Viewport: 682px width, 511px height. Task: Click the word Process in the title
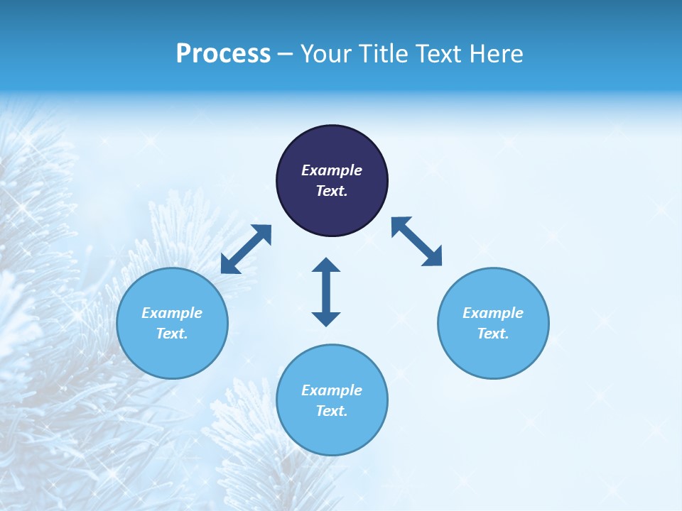[x=223, y=54]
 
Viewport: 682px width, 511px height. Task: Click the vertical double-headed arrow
[x=326, y=292]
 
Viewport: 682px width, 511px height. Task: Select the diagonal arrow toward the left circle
[x=246, y=249]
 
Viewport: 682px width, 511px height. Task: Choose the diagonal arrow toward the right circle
[x=416, y=241]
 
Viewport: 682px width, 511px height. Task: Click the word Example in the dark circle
[x=332, y=170]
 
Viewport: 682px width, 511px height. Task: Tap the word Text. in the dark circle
[x=332, y=191]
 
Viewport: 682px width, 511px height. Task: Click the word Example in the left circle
[x=172, y=313]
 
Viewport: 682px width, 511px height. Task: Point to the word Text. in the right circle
[x=493, y=334]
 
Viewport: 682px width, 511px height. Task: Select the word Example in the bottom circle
[x=332, y=390]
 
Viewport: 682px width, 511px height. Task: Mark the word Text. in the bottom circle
[x=332, y=411]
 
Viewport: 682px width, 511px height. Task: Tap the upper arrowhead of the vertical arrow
[x=326, y=266]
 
